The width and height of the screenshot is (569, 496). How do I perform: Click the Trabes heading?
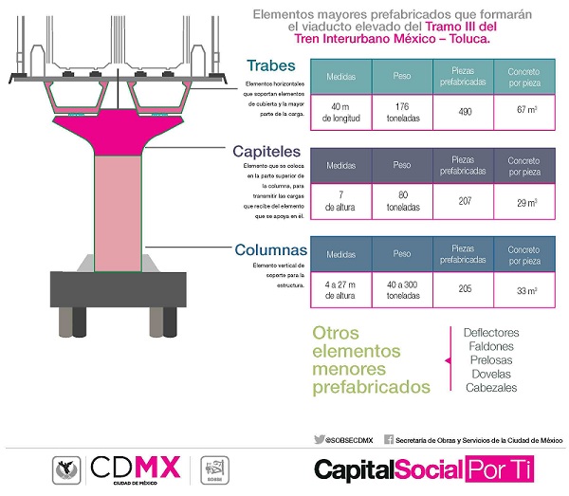(271, 66)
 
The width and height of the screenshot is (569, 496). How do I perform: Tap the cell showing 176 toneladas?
(402, 110)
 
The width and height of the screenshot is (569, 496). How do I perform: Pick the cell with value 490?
(465, 110)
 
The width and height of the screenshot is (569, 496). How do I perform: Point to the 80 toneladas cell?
(402, 199)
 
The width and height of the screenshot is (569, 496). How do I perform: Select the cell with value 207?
(465, 199)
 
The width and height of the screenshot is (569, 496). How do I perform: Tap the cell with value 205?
(465, 288)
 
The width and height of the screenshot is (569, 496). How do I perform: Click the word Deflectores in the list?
(491, 334)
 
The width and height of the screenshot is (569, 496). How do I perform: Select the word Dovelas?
(491, 374)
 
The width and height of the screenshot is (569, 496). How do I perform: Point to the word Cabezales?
(491, 387)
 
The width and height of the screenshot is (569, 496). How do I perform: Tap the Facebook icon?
(389, 439)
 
